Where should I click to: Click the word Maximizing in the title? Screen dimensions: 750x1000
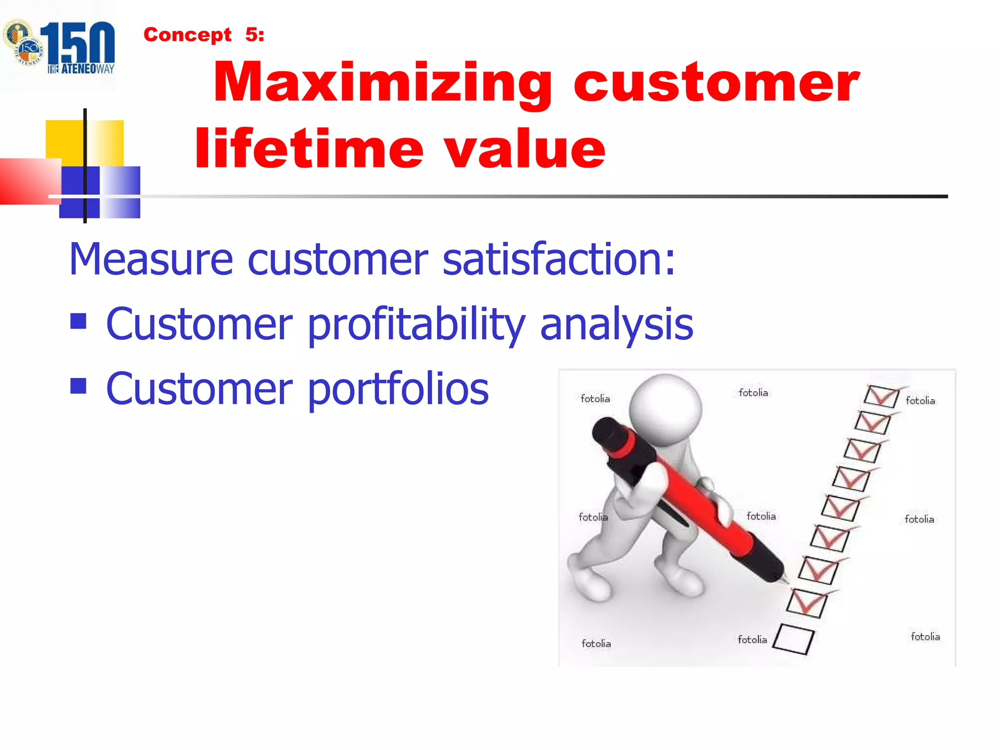[382, 83]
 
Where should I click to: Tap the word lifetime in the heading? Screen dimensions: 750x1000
[309, 148]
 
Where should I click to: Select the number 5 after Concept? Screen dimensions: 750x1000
[251, 35]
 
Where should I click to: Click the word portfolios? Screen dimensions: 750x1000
[398, 389]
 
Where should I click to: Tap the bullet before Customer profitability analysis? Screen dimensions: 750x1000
[78, 321]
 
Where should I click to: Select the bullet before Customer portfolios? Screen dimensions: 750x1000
[78, 386]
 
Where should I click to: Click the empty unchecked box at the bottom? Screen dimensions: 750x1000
[793, 639]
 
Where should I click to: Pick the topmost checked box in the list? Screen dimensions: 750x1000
[881, 396]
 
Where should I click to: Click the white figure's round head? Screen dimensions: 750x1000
[665, 409]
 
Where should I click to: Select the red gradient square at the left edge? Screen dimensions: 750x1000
[27, 181]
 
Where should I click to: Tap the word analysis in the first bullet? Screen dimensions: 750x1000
[616, 324]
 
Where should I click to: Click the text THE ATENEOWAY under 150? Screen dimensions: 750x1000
[81, 69]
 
